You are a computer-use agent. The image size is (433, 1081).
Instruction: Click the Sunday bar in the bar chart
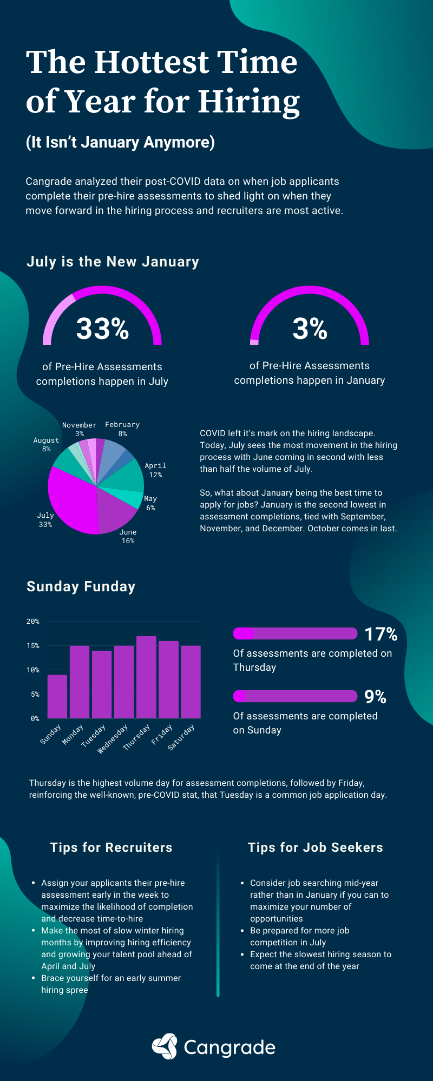[x=57, y=697]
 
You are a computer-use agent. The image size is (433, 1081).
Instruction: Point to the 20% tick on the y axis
[x=33, y=622]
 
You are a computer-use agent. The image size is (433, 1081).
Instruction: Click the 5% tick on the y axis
[x=35, y=695]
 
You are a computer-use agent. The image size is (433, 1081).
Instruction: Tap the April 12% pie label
[x=155, y=470]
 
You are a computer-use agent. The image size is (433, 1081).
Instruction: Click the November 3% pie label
[x=79, y=429]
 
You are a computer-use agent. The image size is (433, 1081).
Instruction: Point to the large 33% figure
[x=102, y=328]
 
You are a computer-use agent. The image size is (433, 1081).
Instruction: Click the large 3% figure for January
[x=310, y=328]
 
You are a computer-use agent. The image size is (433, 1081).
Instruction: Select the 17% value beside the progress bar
[x=381, y=634]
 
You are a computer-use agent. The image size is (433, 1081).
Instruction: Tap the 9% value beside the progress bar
[x=375, y=697]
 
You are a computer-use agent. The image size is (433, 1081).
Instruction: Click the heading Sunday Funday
[x=81, y=586]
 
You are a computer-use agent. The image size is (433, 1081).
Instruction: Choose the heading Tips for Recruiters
[x=111, y=848]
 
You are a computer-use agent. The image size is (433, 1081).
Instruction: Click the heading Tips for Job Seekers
[x=315, y=848]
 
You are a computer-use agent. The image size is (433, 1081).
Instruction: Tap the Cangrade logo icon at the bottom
[x=165, y=1046]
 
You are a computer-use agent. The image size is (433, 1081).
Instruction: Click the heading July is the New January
[x=113, y=262]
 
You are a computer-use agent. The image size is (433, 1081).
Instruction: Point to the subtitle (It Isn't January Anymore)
[x=120, y=142]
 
